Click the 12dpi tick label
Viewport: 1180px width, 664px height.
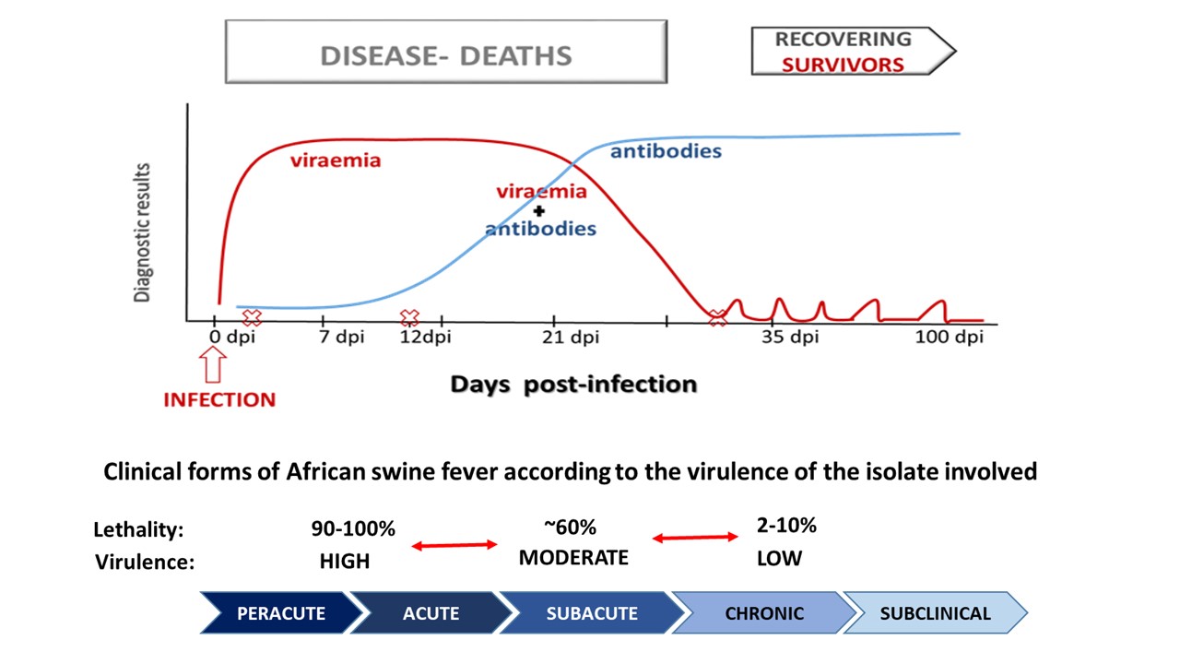point(425,337)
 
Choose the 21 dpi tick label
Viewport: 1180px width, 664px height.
point(570,337)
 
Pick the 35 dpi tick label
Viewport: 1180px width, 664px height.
point(790,337)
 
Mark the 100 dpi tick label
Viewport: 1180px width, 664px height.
point(949,337)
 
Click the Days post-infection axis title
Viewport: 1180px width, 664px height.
point(572,384)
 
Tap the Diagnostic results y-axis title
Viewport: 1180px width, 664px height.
point(143,233)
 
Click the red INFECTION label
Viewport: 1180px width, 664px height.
point(219,400)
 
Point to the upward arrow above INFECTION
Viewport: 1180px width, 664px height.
point(213,368)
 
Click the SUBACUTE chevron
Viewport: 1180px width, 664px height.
point(590,613)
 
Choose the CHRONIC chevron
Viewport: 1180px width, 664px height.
point(763,613)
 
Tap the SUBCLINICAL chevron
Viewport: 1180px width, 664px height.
point(934,613)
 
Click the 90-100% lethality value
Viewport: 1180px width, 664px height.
point(353,528)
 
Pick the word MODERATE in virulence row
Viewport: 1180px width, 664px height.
point(573,558)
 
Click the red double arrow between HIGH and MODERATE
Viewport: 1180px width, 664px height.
point(454,546)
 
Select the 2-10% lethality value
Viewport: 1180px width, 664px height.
point(785,526)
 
